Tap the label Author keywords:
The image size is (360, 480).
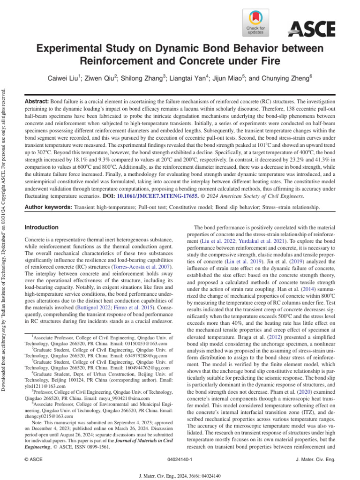tap(48, 207)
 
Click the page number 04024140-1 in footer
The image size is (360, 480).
tap(180, 460)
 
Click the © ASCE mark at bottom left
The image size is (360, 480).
tap(33, 460)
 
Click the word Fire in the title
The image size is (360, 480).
tap(267, 61)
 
